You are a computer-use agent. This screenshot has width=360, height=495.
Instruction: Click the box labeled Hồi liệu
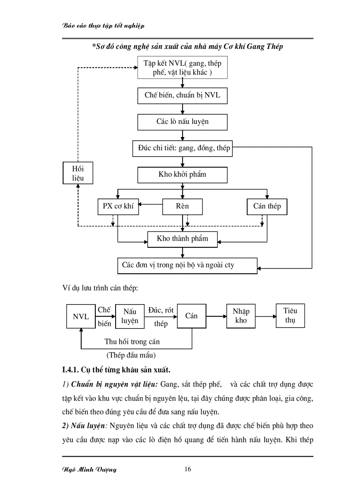point(78,173)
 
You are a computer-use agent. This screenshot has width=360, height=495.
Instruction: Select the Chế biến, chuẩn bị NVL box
point(182,95)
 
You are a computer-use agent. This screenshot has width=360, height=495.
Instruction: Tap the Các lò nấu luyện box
point(182,122)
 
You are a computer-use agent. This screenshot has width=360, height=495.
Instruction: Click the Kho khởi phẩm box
point(182,175)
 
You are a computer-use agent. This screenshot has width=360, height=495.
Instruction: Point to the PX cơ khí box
point(118,206)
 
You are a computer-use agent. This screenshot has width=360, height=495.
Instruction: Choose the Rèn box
point(182,206)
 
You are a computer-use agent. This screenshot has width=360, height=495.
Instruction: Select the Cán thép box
point(267,206)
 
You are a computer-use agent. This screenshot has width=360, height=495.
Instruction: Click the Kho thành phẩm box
point(182,239)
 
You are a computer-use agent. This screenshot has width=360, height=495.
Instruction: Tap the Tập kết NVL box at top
point(182,68)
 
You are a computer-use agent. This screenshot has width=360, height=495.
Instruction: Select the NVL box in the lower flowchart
point(81,317)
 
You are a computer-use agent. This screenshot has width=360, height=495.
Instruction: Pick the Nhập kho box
point(241,316)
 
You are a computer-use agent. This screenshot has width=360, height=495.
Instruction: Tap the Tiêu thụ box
point(290,315)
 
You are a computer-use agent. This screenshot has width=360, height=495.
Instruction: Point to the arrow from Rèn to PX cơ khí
point(150,204)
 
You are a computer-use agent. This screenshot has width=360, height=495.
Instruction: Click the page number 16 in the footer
point(187,469)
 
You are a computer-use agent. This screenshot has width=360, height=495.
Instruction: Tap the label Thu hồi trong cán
point(132,341)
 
